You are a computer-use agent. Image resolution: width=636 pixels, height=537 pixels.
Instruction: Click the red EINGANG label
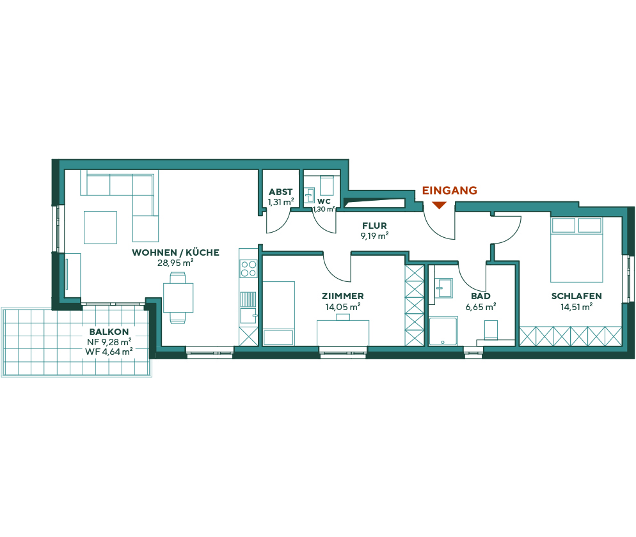449,191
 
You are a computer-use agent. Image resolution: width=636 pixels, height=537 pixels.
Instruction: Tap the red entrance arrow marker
438,205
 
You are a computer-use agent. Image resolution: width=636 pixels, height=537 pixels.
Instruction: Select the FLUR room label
375,225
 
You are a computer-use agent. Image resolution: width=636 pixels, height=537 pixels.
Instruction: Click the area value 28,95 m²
175,263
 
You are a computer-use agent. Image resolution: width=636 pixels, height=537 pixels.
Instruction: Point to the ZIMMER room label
342,296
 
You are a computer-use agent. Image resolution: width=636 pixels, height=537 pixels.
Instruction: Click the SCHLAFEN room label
576,296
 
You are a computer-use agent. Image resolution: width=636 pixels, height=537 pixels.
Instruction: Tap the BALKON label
109,332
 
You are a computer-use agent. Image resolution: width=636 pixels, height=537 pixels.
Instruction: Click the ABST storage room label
280,192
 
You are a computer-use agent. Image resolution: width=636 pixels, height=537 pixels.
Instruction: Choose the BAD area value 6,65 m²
481,307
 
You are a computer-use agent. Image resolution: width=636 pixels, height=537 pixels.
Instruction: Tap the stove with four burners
248,268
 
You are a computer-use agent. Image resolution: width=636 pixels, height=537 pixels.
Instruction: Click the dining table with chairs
177,297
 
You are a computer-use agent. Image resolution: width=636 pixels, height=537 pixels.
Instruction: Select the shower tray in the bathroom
442,331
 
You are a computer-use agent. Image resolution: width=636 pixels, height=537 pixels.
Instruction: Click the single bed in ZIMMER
279,313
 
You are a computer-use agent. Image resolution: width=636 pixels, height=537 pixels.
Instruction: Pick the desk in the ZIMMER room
343,332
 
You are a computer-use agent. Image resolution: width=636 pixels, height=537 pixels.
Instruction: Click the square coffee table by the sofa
100,227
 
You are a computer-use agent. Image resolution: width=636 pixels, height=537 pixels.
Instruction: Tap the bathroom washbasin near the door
443,288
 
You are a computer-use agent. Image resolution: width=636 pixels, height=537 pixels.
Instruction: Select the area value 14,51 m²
576,307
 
